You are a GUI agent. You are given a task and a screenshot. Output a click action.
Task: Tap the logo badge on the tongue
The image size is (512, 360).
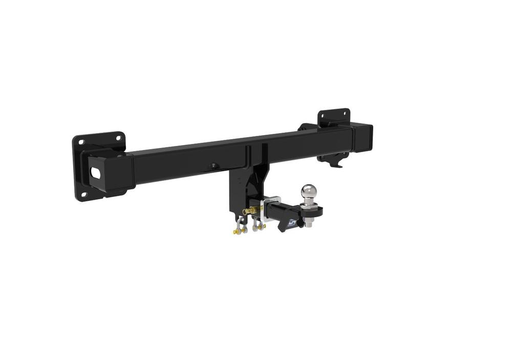click(x=291, y=222)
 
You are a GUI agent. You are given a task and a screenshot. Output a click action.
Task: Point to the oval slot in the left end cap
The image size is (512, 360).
click(x=96, y=173)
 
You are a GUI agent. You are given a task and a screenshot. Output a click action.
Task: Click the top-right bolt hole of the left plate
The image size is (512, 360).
click(x=118, y=137)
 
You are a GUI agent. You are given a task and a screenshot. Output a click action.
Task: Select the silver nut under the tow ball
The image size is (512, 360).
click(x=310, y=220)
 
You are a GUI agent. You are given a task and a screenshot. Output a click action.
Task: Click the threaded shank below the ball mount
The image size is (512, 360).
click(x=310, y=225)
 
